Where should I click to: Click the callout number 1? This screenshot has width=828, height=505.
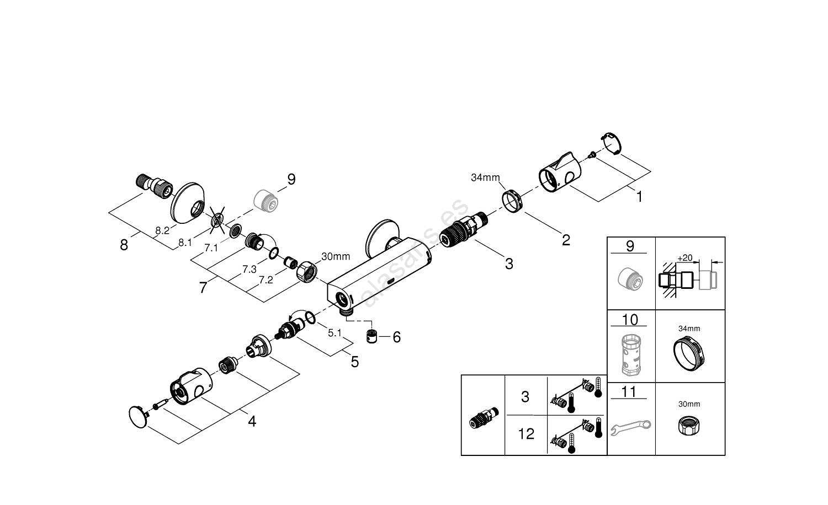tap(639, 196)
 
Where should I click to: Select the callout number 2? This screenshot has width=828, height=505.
tap(565, 240)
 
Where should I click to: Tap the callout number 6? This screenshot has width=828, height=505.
tap(396, 337)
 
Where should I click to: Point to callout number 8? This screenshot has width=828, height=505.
tap(124, 245)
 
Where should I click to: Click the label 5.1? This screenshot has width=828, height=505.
tap(335, 333)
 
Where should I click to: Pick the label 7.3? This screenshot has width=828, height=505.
tap(250, 269)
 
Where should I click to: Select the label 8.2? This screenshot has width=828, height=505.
tap(162, 231)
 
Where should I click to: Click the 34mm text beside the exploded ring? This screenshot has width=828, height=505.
tap(485, 178)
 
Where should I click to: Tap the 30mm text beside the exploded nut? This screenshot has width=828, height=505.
tap(336, 256)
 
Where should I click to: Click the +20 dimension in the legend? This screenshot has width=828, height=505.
tap(684, 257)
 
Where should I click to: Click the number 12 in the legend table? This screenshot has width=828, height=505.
tap(526, 434)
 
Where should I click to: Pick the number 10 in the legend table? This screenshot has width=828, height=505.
tap(630, 320)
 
